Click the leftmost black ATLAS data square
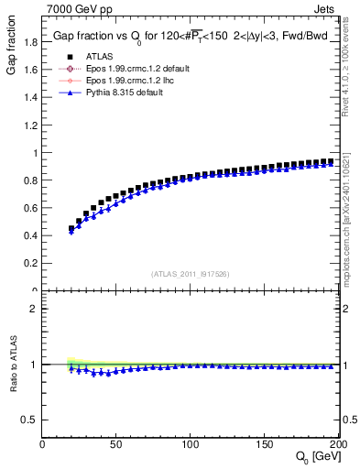71,229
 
